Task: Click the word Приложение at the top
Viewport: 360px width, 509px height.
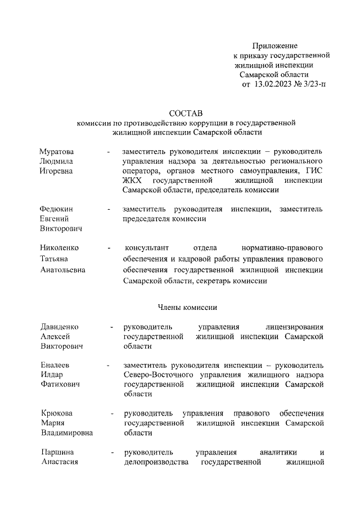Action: pyautogui.click(x=274, y=46)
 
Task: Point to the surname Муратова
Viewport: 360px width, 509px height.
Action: pyautogui.click(x=57, y=152)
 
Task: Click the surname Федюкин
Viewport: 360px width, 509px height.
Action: pyautogui.click(x=56, y=209)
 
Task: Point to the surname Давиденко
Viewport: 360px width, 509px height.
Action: pyautogui.click(x=60, y=327)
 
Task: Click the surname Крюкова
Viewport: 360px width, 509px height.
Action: pyautogui.click(x=57, y=413)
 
